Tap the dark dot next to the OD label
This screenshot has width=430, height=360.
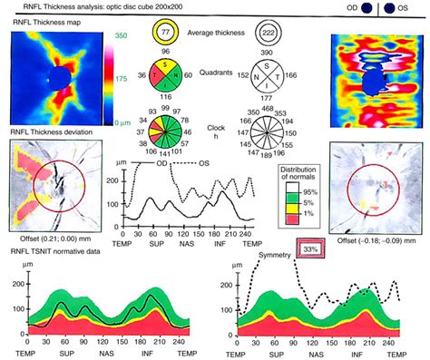(x=367, y=8)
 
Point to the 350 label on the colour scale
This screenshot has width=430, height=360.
(x=117, y=33)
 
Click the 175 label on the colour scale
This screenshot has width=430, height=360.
(x=117, y=79)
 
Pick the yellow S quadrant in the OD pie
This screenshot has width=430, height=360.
(x=161, y=69)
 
